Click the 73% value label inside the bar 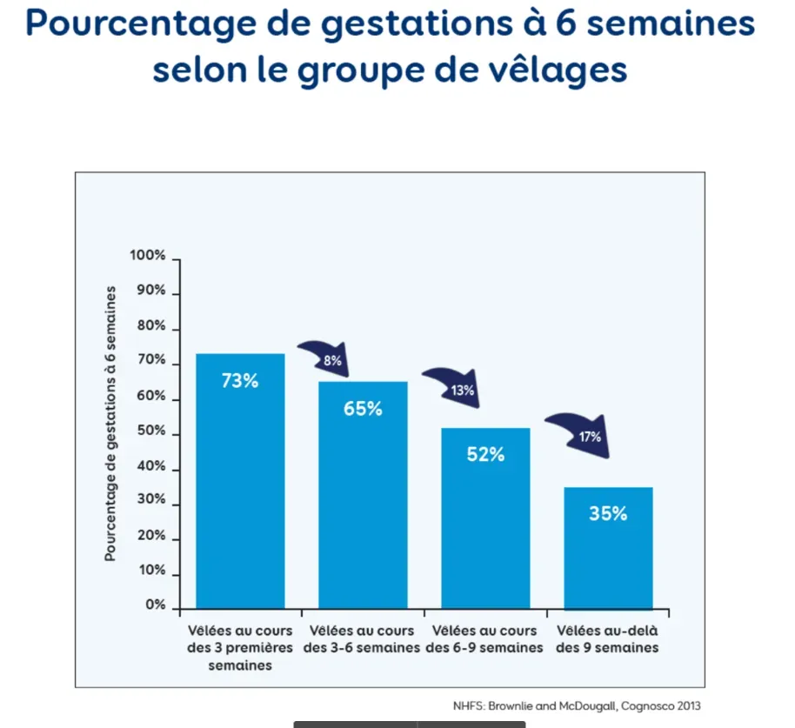(x=239, y=380)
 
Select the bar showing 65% (x=362, y=496)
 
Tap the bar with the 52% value (x=485, y=522)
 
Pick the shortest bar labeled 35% (x=608, y=548)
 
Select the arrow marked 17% (x=578, y=434)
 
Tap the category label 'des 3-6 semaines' (x=362, y=648)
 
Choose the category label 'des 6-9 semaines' (x=485, y=648)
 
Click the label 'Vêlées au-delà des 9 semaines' (x=608, y=639)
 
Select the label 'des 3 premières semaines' (x=239, y=648)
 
